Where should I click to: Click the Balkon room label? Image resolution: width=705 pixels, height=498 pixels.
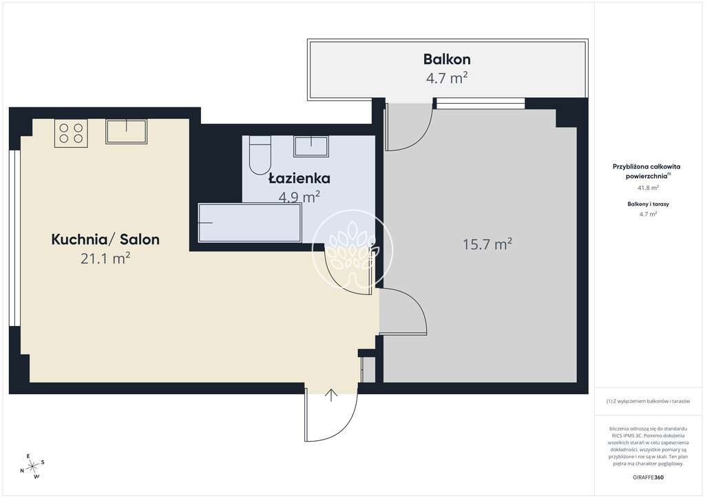[447, 59]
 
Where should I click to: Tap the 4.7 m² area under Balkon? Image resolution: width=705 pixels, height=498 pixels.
[447, 78]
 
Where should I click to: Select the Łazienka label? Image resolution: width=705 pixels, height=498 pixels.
[299, 179]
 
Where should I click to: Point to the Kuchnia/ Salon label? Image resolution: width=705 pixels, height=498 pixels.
[105, 239]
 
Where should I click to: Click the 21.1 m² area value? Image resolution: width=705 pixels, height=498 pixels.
[105, 259]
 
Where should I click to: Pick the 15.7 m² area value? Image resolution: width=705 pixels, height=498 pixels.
[487, 243]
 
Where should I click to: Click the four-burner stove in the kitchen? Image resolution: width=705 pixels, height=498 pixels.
[71, 131]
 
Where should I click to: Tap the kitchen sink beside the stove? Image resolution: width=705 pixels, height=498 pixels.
[126, 131]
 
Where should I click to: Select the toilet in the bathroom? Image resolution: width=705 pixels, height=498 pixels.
[260, 155]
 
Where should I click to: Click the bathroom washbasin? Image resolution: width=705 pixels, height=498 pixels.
[311, 146]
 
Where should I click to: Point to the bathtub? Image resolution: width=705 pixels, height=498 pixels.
[249, 223]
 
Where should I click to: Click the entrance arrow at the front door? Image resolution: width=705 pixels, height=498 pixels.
[331, 395]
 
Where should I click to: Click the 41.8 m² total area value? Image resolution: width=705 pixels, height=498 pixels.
[647, 187]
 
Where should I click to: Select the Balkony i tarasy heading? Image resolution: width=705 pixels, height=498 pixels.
[647, 204]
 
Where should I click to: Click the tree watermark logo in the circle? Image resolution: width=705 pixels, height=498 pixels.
[352, 248]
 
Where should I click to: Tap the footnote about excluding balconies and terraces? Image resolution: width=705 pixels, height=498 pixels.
[648, 401]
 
